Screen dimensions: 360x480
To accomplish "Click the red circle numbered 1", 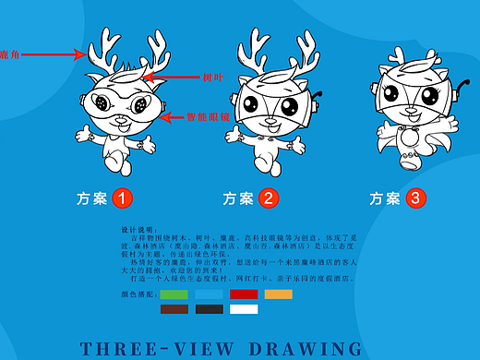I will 123,198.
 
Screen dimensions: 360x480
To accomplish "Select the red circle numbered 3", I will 414,198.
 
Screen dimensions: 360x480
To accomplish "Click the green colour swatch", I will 174,294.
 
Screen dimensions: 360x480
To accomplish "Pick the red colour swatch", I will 244,294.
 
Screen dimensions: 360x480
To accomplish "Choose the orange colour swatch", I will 278,294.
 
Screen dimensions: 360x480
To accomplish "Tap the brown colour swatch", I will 174,309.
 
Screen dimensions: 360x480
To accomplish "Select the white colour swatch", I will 244,309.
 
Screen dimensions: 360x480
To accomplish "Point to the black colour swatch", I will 210,309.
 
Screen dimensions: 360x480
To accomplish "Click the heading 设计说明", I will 136,228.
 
